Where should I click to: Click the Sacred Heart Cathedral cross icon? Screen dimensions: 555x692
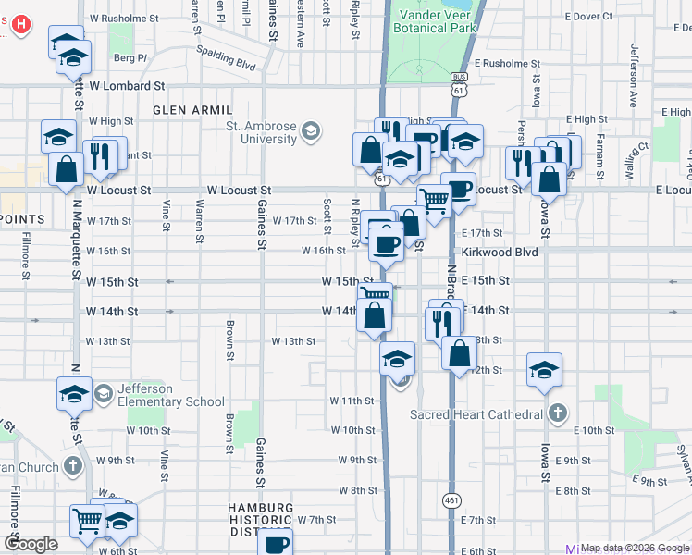click(x=556, y=413)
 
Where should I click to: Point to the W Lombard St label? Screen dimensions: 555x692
click(x=126, y=85)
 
